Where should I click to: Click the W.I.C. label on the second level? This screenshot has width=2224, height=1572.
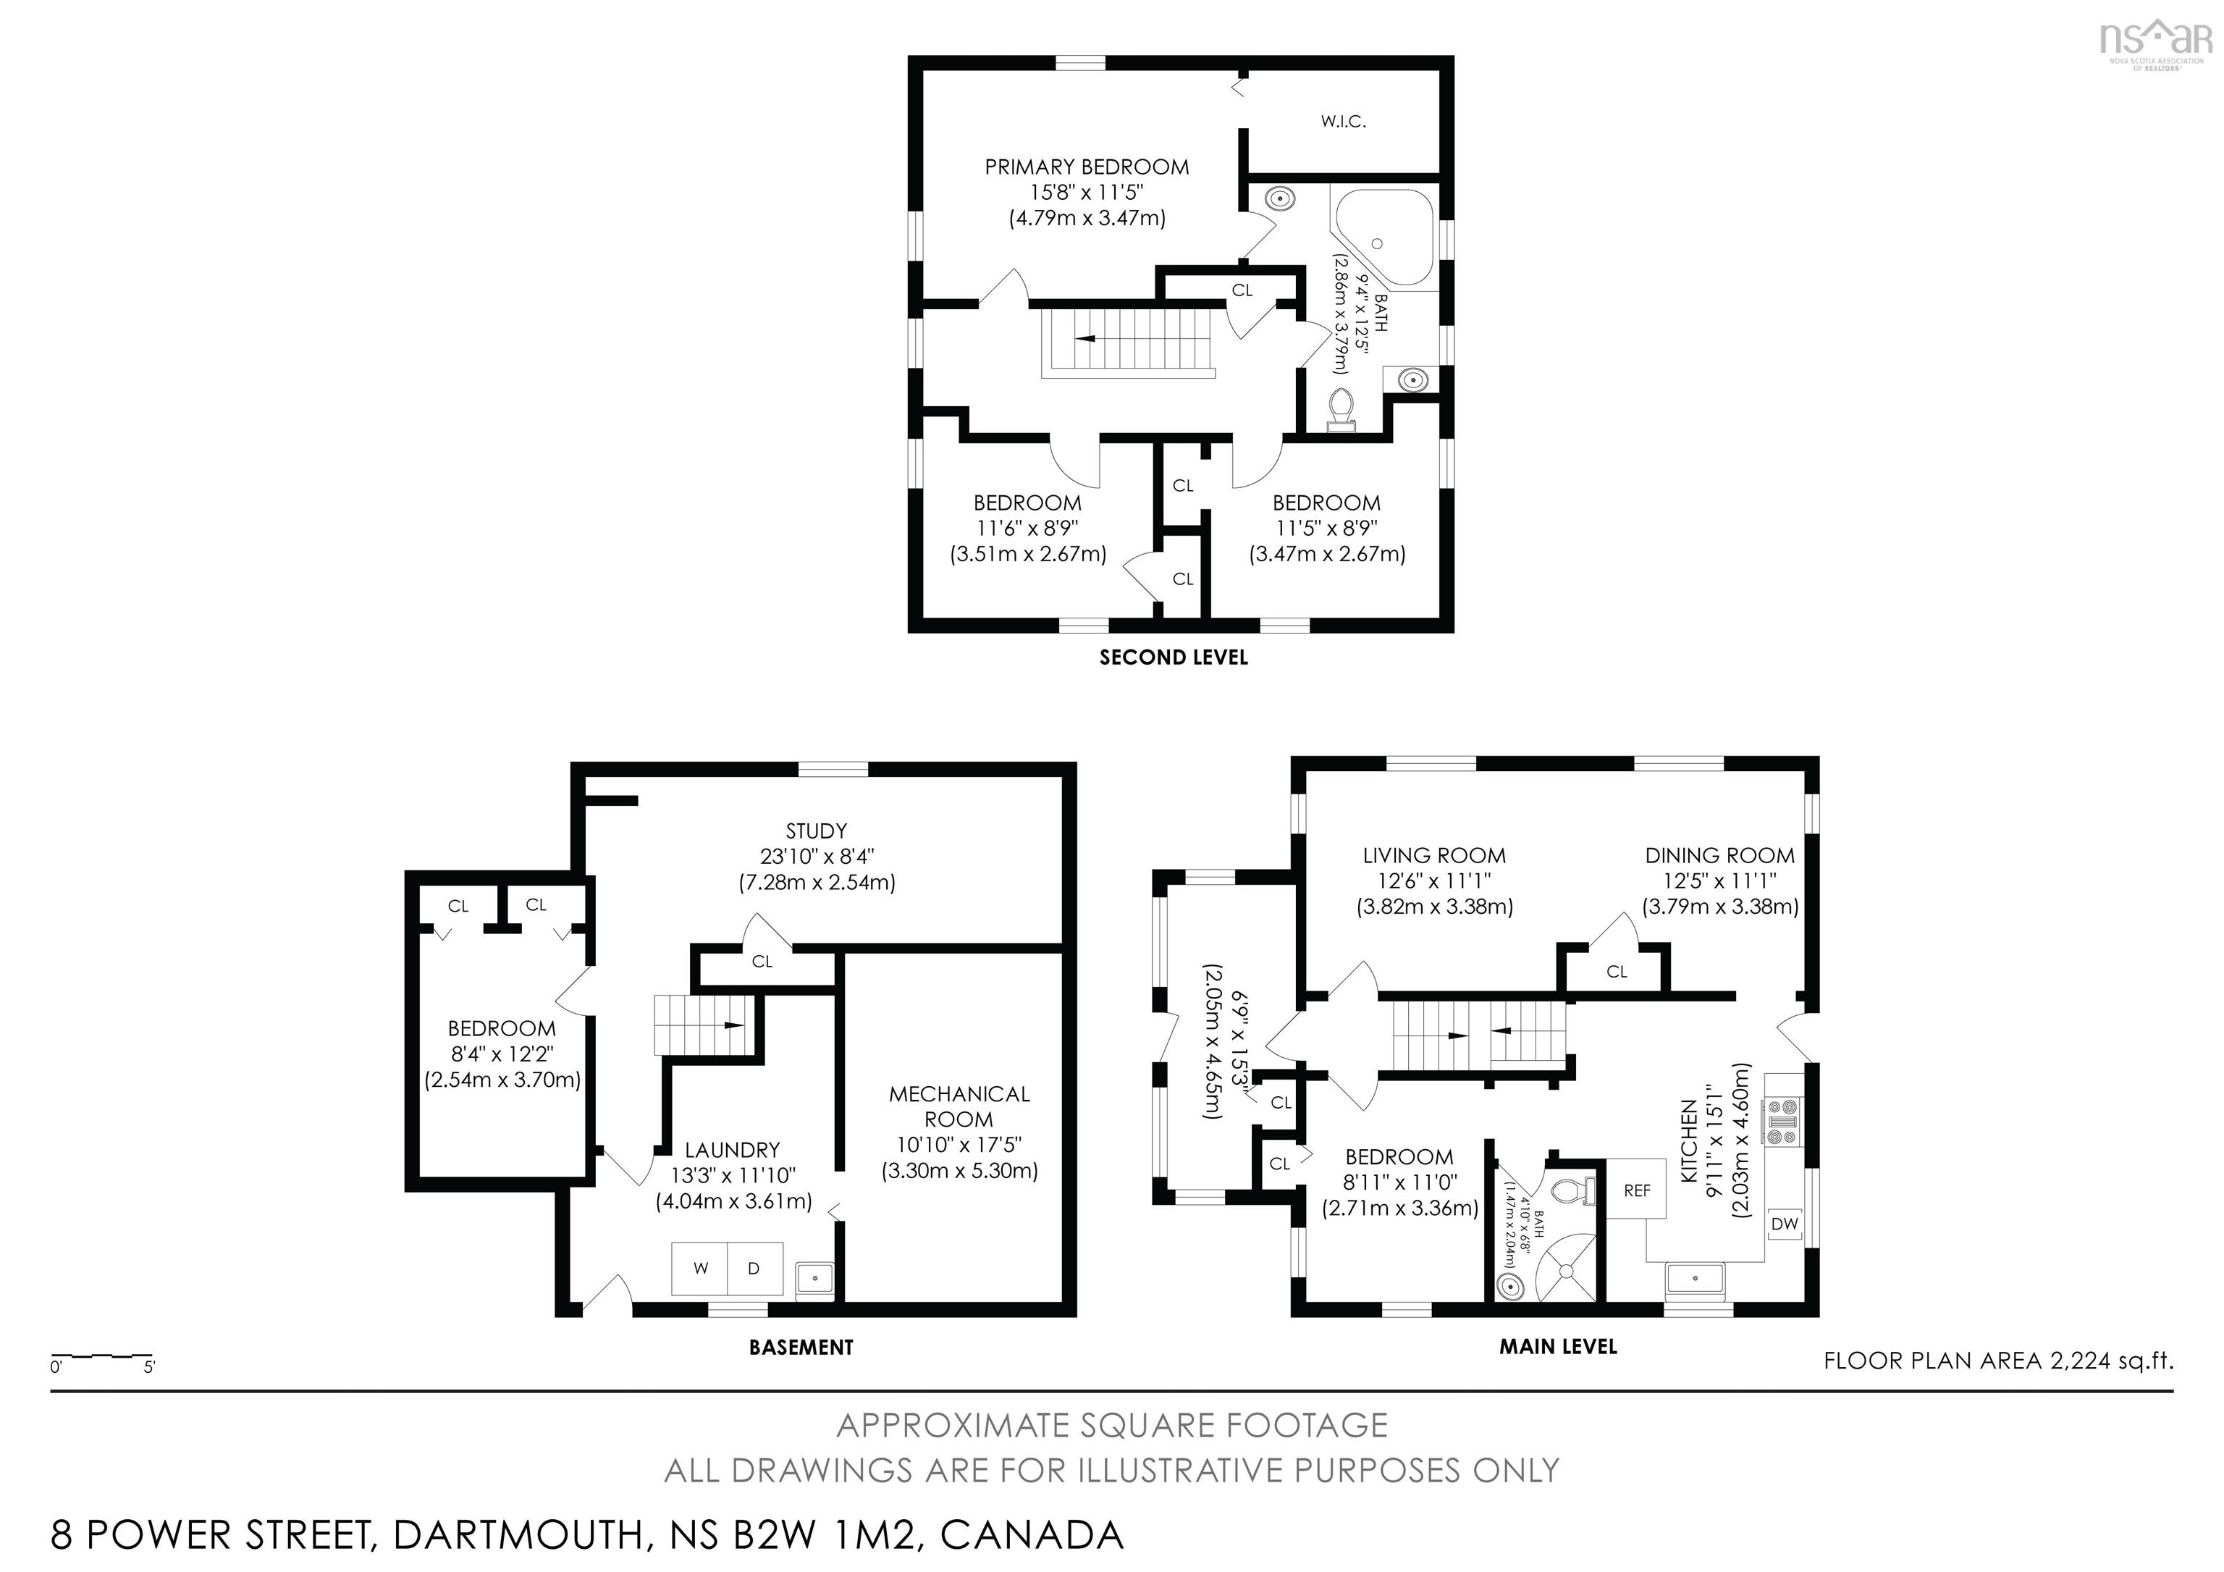1342,122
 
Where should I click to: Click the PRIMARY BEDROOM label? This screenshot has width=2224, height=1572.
1087,167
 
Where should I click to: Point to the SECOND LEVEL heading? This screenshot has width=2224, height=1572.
1173,657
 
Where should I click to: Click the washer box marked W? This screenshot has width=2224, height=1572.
700,1268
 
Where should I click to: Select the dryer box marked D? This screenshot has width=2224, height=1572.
754,1268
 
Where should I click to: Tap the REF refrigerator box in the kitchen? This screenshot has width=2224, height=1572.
1636,1190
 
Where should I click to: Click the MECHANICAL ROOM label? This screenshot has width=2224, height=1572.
959,1106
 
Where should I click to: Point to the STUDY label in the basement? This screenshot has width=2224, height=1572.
817,831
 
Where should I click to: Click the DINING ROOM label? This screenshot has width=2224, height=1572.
1719,855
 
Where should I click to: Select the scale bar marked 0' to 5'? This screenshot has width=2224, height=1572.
101,1358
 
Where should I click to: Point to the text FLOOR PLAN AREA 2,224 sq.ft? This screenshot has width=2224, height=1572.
1998,1361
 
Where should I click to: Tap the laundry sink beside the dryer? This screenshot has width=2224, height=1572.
814,1279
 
